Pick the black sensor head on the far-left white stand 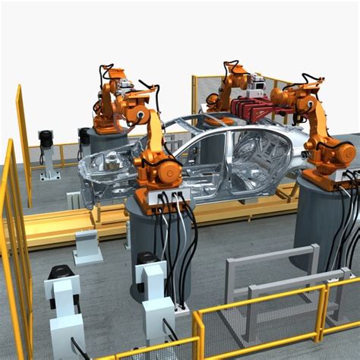46,138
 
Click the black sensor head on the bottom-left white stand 61,273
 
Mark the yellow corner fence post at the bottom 198,334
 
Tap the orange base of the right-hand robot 327,179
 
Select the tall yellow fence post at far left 23,144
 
